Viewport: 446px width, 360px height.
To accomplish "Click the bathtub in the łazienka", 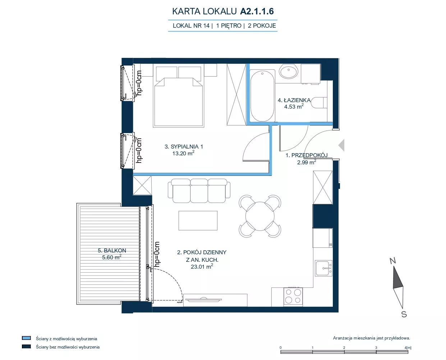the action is pos(262,96).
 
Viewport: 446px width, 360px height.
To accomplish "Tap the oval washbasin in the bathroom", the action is pos(289,71).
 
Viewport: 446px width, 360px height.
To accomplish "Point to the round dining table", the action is pos(260,216).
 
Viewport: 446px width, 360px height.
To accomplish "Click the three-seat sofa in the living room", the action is pos(199,191).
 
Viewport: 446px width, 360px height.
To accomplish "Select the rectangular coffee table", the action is pos(198,221).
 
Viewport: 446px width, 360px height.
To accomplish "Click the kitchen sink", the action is pos(323,268).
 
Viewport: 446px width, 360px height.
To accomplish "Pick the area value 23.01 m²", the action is pos(202,266).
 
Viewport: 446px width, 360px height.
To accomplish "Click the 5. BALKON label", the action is pos(112,251).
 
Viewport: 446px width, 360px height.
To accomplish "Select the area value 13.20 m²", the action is pos(183,153).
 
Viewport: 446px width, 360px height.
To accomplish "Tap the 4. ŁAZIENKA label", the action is pos(294,100).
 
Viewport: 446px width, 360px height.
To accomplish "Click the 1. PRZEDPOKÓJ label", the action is pos(307,155).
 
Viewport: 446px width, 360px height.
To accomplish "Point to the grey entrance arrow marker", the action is pos(341,145).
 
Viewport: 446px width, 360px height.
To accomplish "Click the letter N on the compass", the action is pos(393,261).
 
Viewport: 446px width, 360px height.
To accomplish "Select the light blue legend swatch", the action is pos(26,338).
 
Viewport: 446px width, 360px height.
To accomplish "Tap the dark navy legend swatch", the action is pos(26,346).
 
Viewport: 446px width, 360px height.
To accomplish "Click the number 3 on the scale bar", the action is pos(376,347).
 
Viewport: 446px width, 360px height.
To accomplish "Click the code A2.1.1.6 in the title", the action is pos(257,11).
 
